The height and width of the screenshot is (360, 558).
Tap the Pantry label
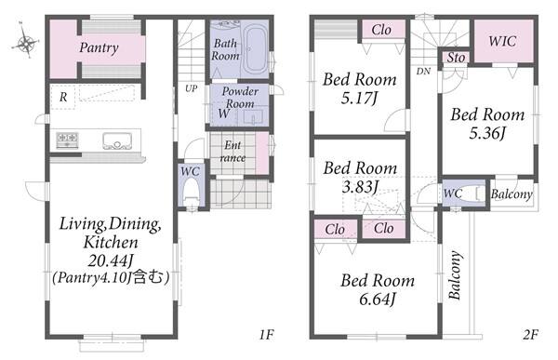pos(99,47)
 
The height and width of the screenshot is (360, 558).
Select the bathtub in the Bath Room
pos(256,49)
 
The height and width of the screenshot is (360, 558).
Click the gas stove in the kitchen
pos(67,140)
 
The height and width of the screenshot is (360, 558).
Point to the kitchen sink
pos(117,140)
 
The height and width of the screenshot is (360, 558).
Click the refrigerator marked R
pos(63,97)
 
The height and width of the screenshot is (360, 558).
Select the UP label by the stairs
pos(191,88)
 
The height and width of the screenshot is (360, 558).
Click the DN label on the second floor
pos(423,72)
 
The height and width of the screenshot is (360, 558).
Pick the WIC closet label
pos(502,41)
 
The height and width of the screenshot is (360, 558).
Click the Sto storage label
pos(456,58)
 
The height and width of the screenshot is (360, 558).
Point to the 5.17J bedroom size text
pos(359,99)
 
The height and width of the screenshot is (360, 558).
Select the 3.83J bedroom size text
pos(360,187)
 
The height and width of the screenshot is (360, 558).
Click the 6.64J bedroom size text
pos(377,300)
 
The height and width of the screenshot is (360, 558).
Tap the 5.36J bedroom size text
pos(487,133)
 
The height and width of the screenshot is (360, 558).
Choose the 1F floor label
pos(266,335)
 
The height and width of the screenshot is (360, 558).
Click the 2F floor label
pos(530,335)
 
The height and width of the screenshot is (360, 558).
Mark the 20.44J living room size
pos(111,261)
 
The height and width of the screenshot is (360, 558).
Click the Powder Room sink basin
pos(253,117)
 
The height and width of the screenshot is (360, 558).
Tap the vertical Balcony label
pos(455,275)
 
